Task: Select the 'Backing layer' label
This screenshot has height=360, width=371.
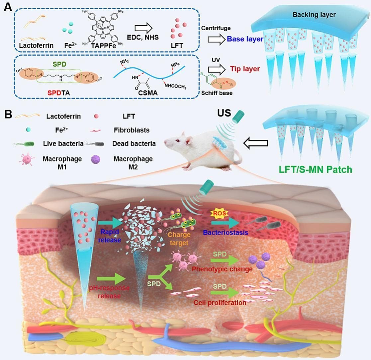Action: [314, 15]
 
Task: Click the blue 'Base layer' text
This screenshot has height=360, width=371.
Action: [245, 39]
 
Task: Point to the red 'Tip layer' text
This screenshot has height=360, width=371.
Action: [245, 69]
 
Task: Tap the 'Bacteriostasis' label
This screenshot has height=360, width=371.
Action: [226, 233]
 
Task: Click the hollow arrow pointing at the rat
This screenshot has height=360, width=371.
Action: [256, 143]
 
